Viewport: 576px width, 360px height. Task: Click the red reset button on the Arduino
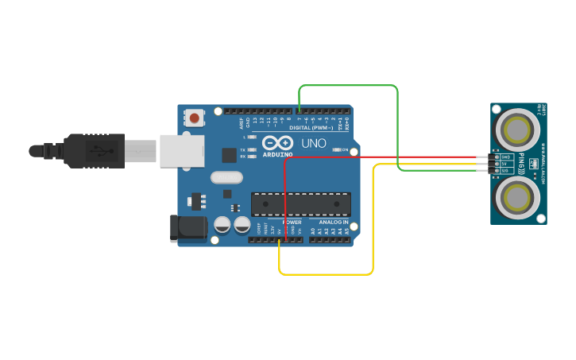[194, 118]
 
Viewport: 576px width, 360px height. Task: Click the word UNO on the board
[313, 143]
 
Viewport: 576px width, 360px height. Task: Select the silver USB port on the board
[177, 150]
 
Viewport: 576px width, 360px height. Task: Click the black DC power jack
[189, 228]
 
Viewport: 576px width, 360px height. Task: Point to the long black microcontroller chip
[300, 204]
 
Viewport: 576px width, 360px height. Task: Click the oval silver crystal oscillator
[226, 178]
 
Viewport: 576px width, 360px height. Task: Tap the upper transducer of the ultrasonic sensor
[517, 128]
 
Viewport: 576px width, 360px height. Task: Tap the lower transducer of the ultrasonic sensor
[517, 196]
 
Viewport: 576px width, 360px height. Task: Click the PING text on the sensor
[522, 162]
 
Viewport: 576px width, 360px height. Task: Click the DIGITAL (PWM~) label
[311, 128]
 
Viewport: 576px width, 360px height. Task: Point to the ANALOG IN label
[334, 222]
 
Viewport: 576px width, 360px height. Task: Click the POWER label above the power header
[292, 222]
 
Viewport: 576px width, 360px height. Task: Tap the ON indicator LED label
[345, 149]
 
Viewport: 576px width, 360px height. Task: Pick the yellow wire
[326, 274]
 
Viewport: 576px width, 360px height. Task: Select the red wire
[381, 157]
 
